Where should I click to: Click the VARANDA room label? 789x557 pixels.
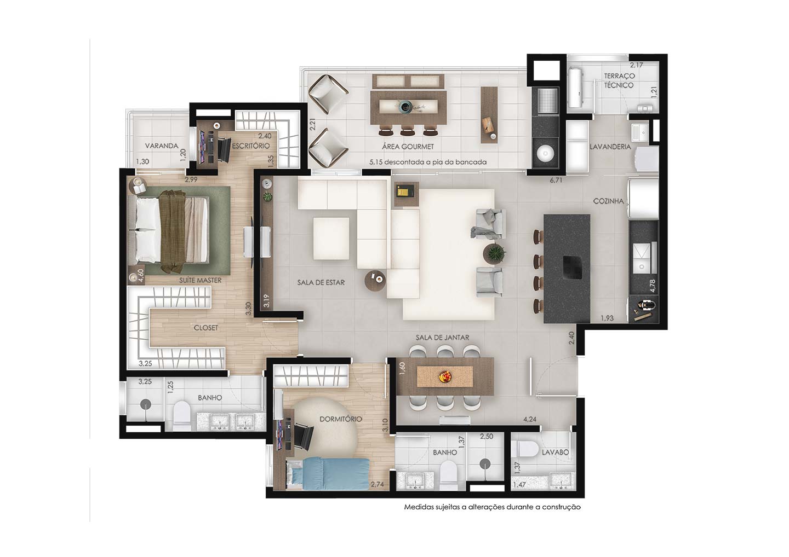[x=162, y=146]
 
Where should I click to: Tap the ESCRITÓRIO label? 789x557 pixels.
[x=251, y=146]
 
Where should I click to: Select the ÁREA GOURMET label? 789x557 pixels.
[x=408, y=147]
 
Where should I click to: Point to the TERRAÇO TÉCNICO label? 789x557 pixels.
[x=619, y=80]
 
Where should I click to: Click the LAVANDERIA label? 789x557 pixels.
[x=610, y=147]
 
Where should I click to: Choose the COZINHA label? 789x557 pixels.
[x=608, y=201]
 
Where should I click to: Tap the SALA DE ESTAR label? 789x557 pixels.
[x=321, y=282]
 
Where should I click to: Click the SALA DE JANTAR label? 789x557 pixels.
[x=442, y=338]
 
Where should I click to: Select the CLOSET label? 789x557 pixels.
[x=205, y=328]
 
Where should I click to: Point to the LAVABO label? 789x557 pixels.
[x=555, y=452]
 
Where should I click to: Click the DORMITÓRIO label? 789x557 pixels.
[x=341, y=419]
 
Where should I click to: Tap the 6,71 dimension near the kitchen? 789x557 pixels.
[x=556, y=181]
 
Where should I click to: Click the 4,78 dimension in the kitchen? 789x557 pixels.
[x=653, y=286]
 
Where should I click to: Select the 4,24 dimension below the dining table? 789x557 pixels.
[x=530, y=419]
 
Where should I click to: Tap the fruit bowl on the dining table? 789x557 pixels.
[x=445, y=376]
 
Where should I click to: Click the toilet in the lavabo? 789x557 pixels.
[x=527, y=449]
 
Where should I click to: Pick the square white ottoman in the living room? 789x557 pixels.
[x=331, y=239]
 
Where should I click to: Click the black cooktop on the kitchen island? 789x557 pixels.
[x=573, y=268]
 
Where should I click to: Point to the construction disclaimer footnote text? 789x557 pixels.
[x=492, y=507]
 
